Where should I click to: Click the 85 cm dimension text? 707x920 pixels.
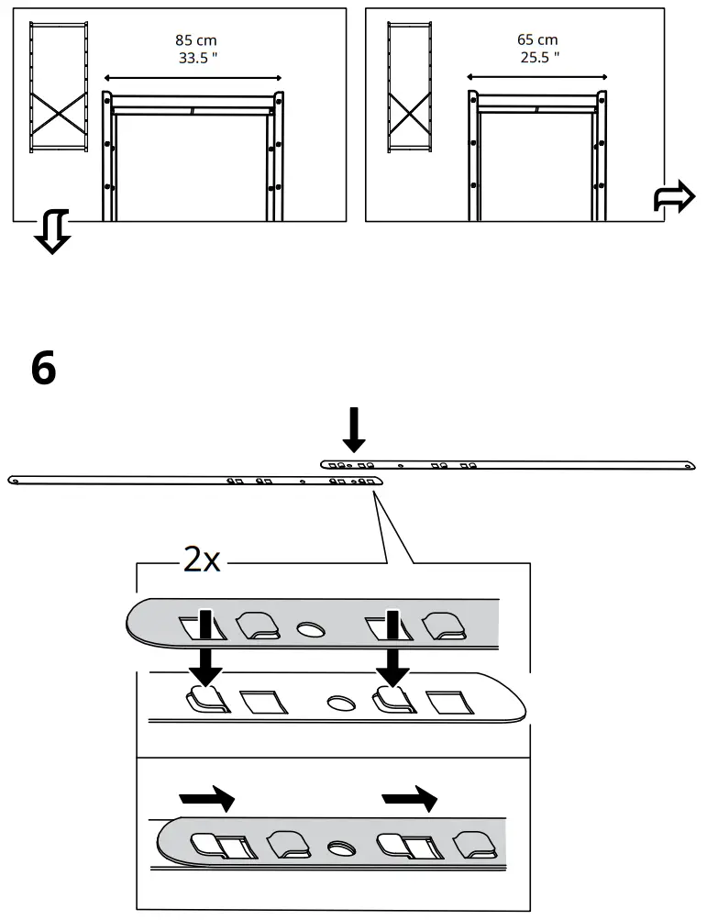[x=196, y=40]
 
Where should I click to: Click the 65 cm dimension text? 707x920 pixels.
[x=537, y=40]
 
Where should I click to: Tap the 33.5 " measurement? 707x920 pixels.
[x=196, y=57]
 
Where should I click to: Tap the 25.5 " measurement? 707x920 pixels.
[x=537, y=57]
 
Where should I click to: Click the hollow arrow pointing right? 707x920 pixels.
[x=674, y=196]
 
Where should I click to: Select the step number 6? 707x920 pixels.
[x=44, y=369]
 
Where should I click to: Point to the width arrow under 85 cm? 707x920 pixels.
[x=193, y=78]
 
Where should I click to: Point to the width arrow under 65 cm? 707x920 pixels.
[x=536, y=78]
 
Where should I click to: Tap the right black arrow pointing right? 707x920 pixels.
[x=409, y=796]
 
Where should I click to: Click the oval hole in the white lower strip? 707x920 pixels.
[x=342, y=704]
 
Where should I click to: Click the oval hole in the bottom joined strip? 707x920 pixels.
[x=341, y=846]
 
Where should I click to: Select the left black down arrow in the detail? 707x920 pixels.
[x=206, y=647]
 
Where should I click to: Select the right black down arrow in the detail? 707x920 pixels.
[x=393, y=647]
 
